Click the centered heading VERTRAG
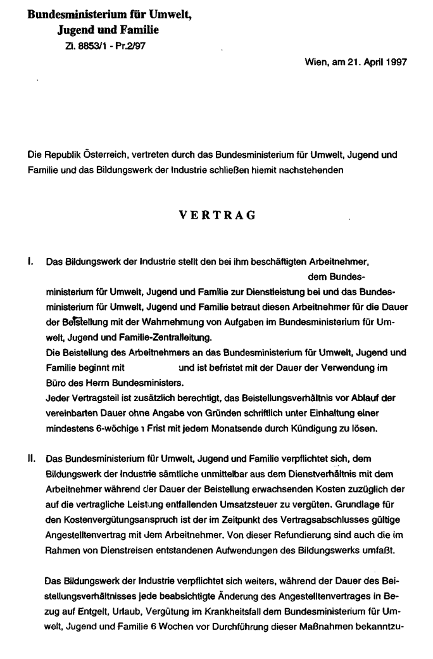point(216,215)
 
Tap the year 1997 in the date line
point(394,62)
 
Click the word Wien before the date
point(315,62)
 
